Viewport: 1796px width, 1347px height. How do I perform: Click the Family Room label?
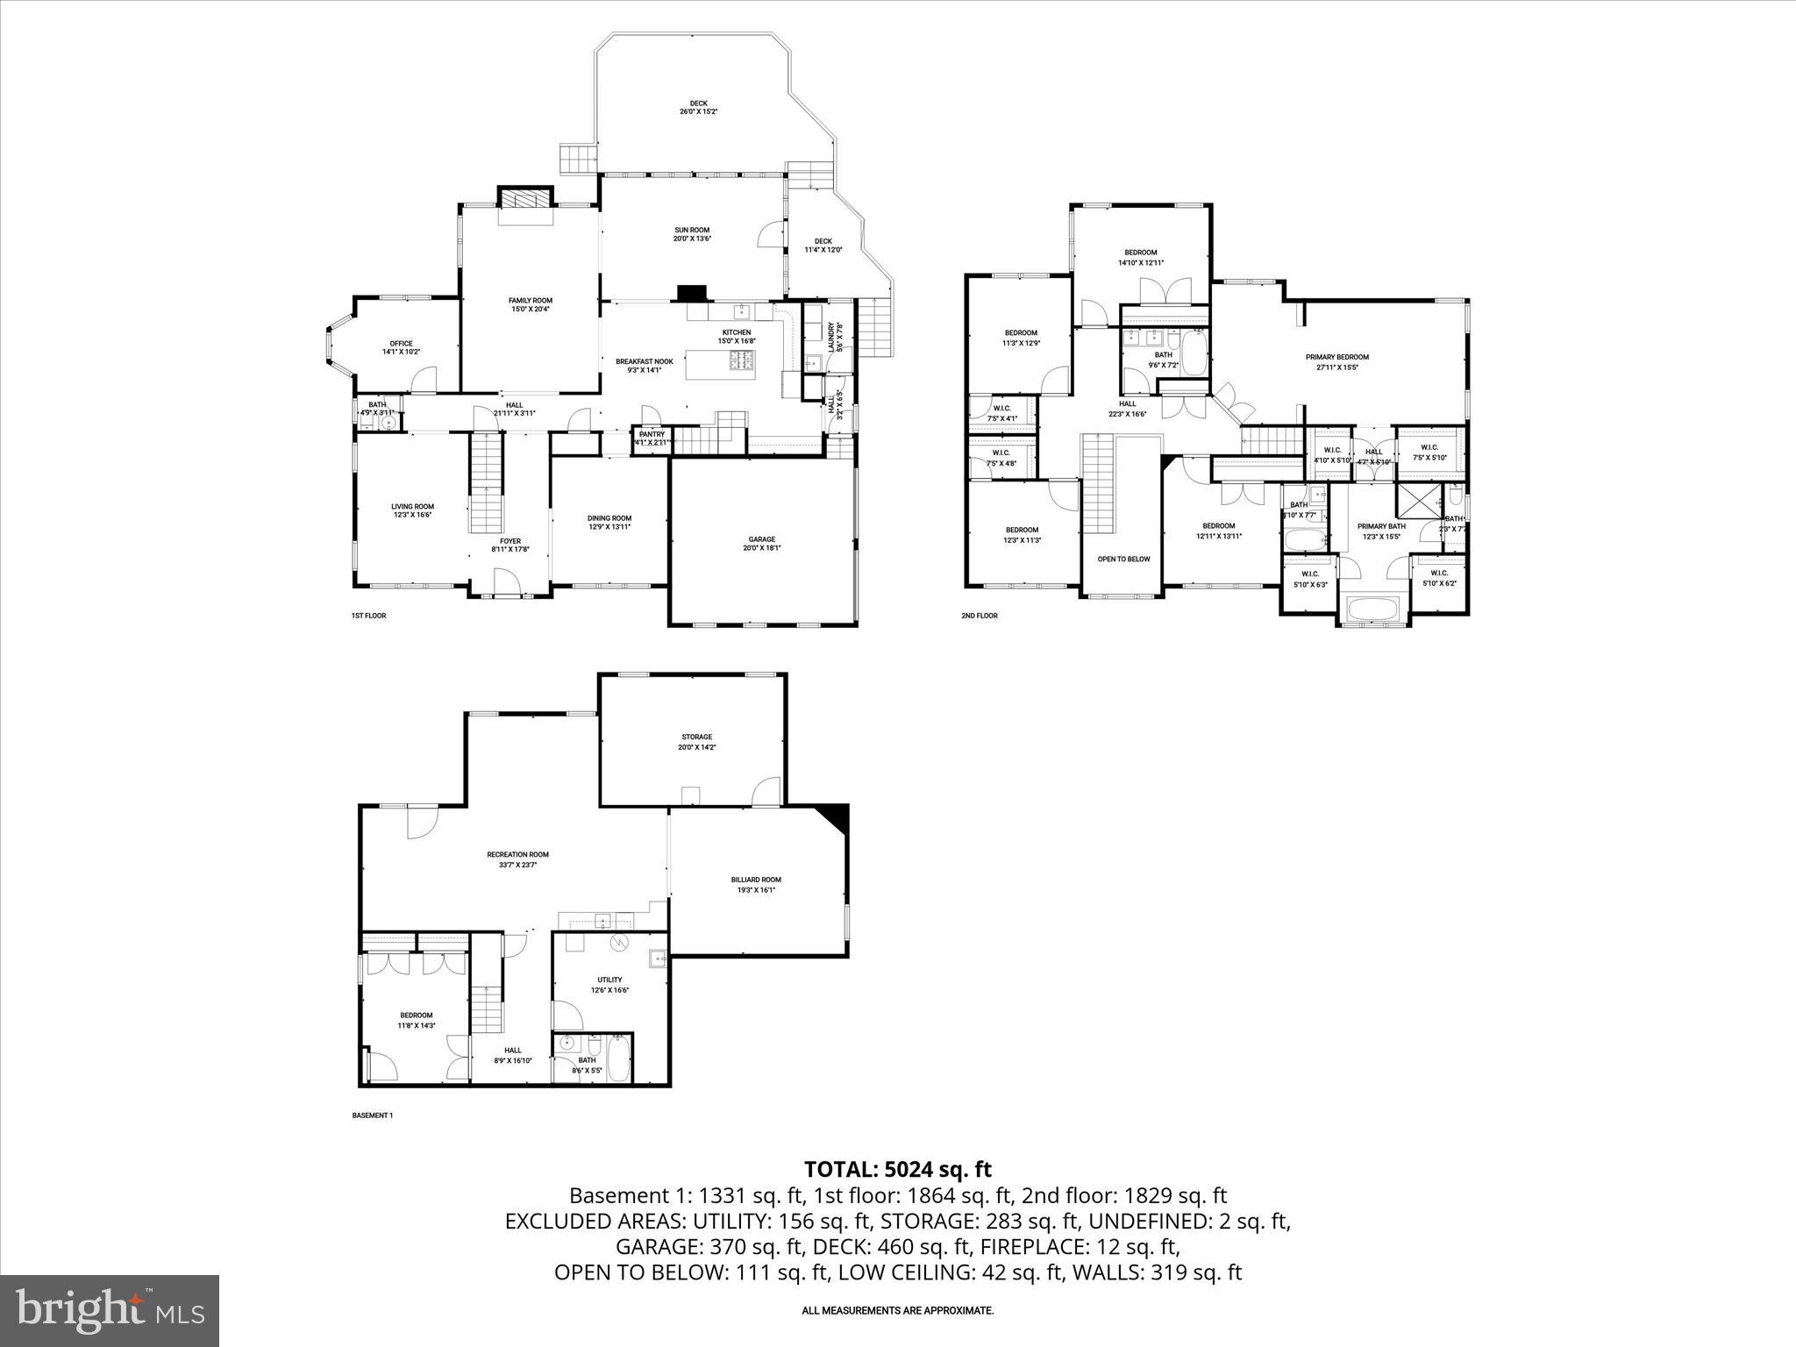530,304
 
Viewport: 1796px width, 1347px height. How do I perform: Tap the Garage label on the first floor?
761,543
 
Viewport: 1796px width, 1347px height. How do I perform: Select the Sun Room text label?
691,234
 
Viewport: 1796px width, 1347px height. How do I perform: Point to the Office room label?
401,347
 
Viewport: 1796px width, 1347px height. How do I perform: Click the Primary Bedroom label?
1336,361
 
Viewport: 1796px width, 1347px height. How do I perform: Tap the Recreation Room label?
517,859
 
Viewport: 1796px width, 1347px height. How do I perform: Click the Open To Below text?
1123,559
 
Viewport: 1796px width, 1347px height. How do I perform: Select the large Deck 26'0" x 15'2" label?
698,107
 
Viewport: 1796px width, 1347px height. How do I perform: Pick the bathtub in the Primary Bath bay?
1373,609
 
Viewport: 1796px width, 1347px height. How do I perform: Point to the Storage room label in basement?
696,741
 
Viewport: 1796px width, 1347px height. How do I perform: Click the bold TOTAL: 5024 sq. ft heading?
897,1169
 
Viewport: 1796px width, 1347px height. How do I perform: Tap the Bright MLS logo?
110,1310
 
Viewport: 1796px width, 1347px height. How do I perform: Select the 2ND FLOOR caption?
979,616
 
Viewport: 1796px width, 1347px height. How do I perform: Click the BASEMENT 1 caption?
372,1115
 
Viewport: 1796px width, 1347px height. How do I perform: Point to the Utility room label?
609,984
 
